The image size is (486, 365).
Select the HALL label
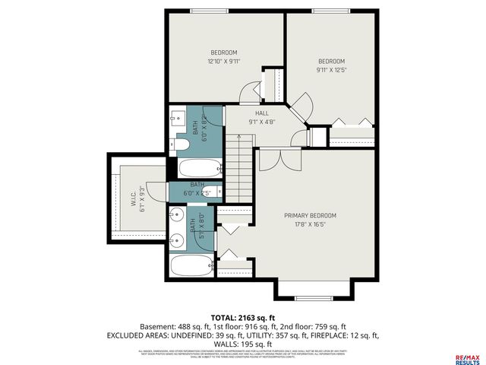(261, 113)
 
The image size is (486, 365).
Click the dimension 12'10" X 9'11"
(223, 62)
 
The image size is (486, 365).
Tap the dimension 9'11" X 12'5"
(331, 71)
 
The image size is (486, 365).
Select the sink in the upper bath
(177, 118)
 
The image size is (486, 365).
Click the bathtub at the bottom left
(191, 266)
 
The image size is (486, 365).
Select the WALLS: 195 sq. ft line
(243, 343)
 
